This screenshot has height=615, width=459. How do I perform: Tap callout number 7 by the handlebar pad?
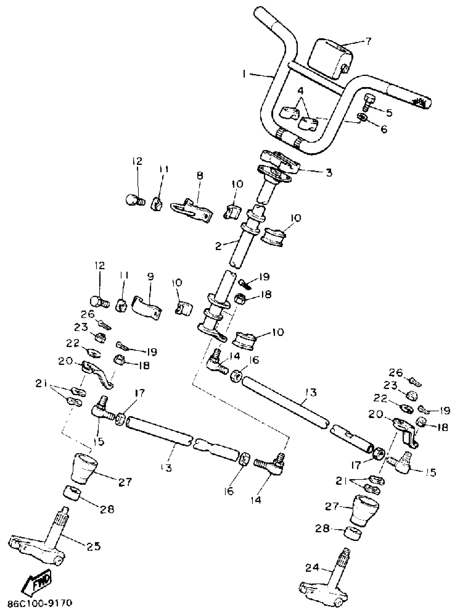click(368, 42)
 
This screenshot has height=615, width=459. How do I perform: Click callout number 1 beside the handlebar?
click(244, 74)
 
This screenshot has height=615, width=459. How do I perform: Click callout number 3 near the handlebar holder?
click(329, 173)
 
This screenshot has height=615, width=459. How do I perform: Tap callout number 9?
click(151, 277)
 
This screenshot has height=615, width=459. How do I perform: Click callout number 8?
click(200, 175)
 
